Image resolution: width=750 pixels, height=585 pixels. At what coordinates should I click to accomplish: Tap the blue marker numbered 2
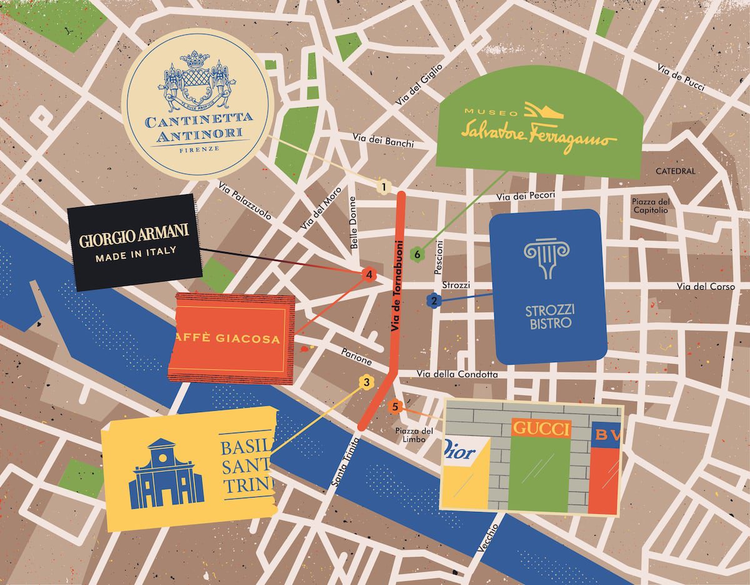[x=433, y=301]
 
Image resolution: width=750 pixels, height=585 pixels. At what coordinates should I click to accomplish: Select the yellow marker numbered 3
[x=367, y=382]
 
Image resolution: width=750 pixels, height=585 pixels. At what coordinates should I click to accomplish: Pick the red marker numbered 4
[x=369, y=274]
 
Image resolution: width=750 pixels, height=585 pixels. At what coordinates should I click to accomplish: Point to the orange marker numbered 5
[x=394, y=407]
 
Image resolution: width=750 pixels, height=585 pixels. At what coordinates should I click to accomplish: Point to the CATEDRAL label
[x=675, y=171]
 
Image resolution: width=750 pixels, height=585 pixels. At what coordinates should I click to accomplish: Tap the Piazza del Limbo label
[x=414, y=435]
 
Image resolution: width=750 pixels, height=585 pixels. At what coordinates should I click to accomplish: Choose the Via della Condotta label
[x=457, y=375]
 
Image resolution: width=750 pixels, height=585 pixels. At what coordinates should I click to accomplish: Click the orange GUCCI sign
[x=541, y=428]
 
